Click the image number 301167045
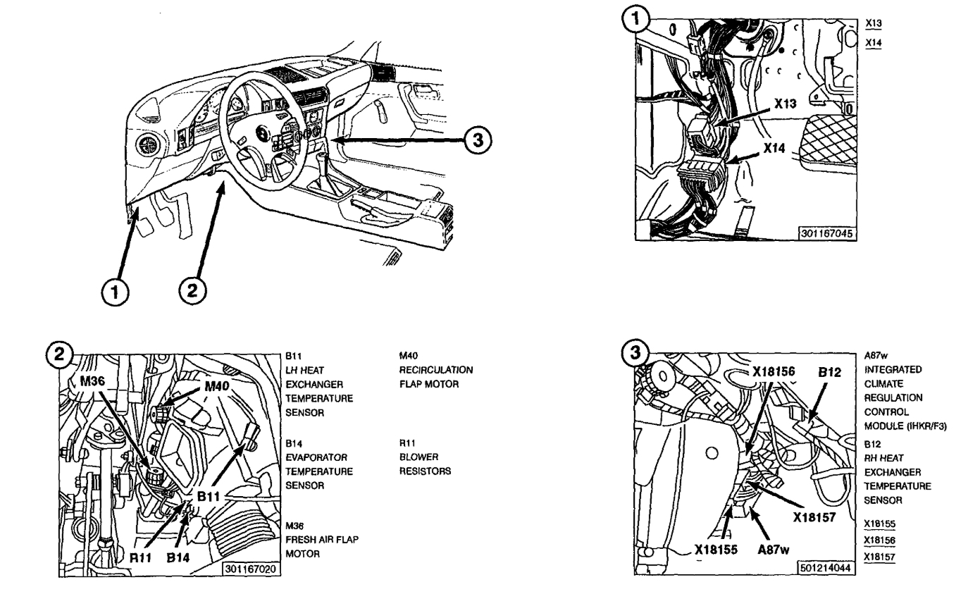pos(829,233)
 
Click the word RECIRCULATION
pos(435,371)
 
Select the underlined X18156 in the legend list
pos(881,540)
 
